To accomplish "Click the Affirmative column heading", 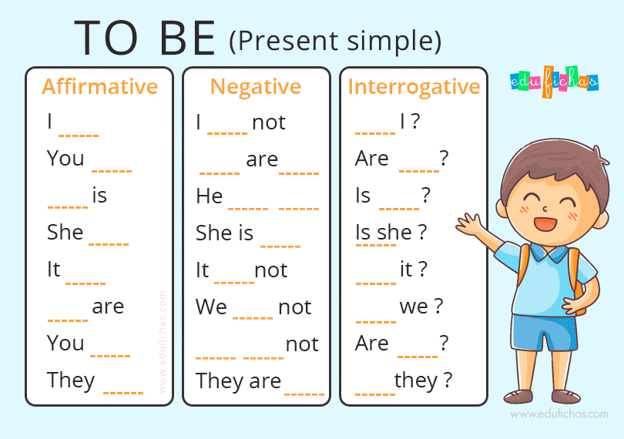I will pyautogui.click(x=99, y=86).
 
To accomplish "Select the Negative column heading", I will pyautogui.click(x=256, y=86).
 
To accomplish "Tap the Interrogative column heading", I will pyautogui.click(x=414, y=86).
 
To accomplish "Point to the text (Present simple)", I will pyautogui.click(x=335, y=40).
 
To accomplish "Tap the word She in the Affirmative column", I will pyautogui.click(x=65, y=232).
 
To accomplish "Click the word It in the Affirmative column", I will pyautogui.click(x=54, y=269).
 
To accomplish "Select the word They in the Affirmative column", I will pyautogui.click(x=71, y=380).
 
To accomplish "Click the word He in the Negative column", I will pyautogui.click(x=209, y=196).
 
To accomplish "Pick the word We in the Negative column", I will pyautogui.click(x=211, y=307).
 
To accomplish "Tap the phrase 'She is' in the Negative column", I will pyautogui.click(x=224, y=233).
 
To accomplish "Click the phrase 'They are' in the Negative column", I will pyautogui.click(x=238, y=380).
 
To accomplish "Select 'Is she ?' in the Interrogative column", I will pyautogui.click(x=391, y=232).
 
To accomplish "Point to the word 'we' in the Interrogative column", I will pyautogui.click(x=414, y=306).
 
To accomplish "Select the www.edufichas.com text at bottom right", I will pyautogui.click(x=559, y=414).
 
